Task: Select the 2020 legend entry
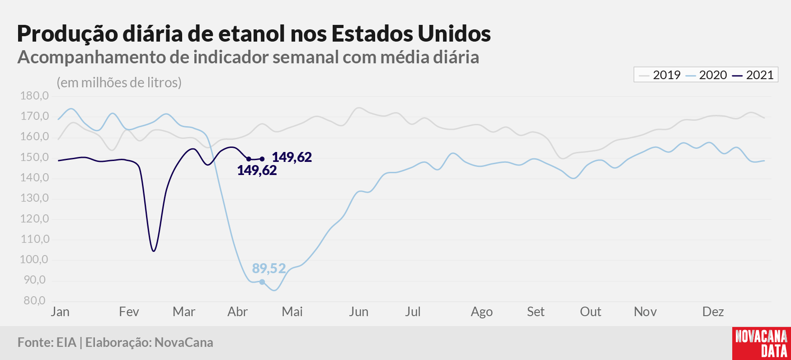[706, 75]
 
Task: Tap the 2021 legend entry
[753, 75]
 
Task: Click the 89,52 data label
[269, 269]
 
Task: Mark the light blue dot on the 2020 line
[262, 282]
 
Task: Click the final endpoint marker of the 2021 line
[262, 159]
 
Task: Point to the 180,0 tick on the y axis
[34, 96]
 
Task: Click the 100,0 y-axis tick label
[34, 260]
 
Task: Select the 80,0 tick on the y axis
[34, 300]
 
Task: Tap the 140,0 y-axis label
[34, 178]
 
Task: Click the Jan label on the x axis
[60, 312]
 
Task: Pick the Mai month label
[292, 312]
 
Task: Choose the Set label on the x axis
[536, 312]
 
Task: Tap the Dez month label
[713, 312]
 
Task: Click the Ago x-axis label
[481, 312]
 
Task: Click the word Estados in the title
[372, 33]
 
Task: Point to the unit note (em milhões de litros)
[119, 83]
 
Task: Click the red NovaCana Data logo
[762, 343]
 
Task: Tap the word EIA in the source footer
[66, 342]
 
